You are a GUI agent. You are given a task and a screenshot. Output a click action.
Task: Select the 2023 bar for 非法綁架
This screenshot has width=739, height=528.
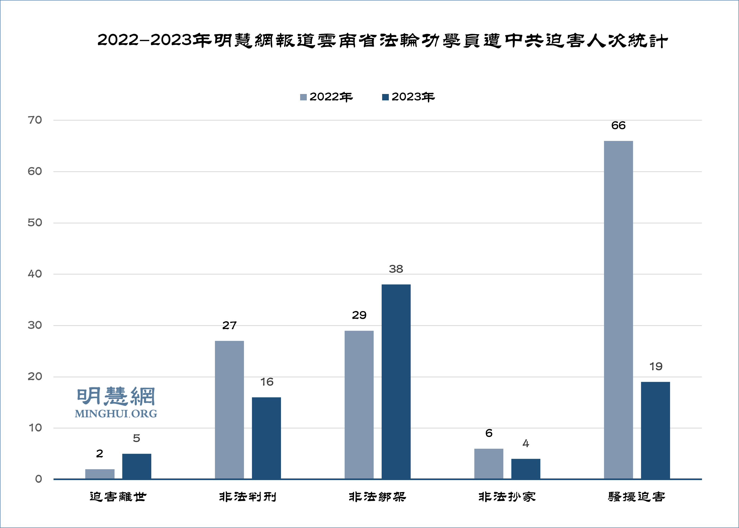396,381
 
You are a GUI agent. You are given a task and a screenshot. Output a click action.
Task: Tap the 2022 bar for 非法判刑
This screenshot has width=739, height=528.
229,410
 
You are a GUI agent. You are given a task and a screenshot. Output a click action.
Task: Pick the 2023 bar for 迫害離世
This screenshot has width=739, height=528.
137,466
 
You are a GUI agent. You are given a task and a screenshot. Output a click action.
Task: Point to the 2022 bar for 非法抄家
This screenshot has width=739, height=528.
488,464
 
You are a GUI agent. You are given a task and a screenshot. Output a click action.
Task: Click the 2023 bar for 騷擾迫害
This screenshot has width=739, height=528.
655,430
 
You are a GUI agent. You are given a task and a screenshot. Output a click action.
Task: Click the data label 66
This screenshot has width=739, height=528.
618,125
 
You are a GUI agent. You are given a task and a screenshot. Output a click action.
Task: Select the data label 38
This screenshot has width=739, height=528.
396,269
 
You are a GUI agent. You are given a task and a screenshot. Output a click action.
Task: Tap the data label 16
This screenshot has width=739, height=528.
267,382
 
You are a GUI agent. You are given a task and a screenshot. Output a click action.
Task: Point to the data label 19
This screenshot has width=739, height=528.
656,366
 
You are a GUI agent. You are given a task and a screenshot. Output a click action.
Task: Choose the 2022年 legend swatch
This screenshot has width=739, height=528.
303,97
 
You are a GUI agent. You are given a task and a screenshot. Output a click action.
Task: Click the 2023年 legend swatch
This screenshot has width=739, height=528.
385,97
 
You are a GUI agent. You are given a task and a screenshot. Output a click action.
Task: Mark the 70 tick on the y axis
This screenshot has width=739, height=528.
35,120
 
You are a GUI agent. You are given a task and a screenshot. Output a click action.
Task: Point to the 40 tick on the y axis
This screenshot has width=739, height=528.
35,274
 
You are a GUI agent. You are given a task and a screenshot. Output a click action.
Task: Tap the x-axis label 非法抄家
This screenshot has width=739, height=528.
507,497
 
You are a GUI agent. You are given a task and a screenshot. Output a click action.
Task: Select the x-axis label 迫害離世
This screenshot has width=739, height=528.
118,497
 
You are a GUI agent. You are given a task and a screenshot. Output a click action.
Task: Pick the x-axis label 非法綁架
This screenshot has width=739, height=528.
377,497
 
